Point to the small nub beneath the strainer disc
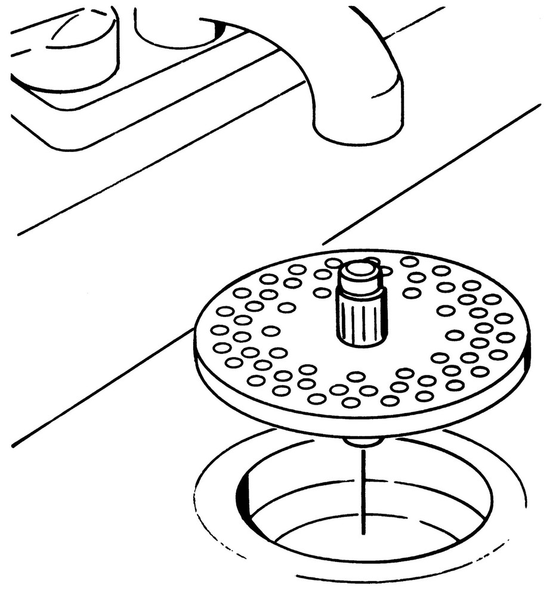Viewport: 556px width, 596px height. tap(363, 442)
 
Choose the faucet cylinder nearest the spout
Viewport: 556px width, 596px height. tap(176, 27)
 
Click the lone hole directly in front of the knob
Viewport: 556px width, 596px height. tap(356, 376)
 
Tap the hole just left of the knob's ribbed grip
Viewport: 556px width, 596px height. tap(322, 292)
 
